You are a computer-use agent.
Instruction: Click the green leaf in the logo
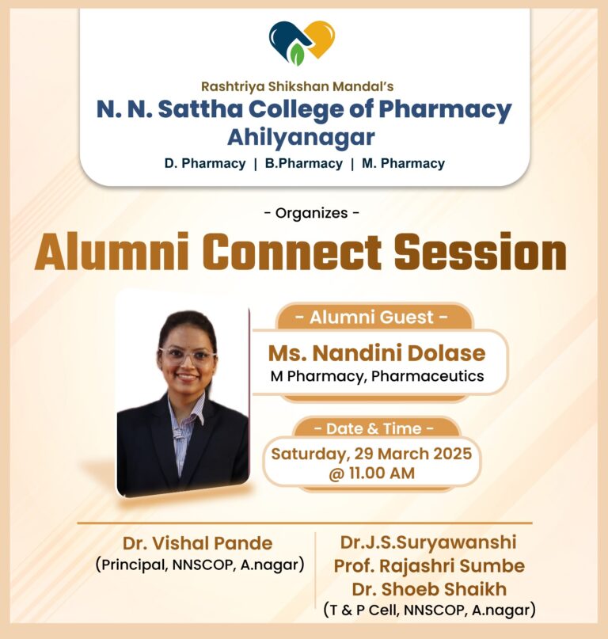click(298, 55)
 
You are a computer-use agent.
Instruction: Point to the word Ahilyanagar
click(301, 137)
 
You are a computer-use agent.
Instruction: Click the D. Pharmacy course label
click(205, 163)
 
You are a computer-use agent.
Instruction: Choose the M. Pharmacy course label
click(404, 163)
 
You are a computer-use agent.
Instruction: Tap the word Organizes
click(312, 213)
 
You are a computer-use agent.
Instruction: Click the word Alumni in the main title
click(112, 252)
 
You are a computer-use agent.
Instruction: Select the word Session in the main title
click(480, 252)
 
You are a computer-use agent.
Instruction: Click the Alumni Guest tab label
click(371, 317)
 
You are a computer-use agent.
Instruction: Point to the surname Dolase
click(446, 353)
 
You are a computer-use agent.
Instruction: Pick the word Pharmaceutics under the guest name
click(427, 376)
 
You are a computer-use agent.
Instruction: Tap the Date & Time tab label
click(374, 428)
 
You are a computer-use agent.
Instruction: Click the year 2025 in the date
click(452, 454)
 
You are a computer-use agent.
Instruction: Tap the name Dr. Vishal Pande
click(198, 543)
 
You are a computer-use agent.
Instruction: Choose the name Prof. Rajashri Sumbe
click(429, 565)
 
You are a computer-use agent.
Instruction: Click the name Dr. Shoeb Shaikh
click(429, 589)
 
